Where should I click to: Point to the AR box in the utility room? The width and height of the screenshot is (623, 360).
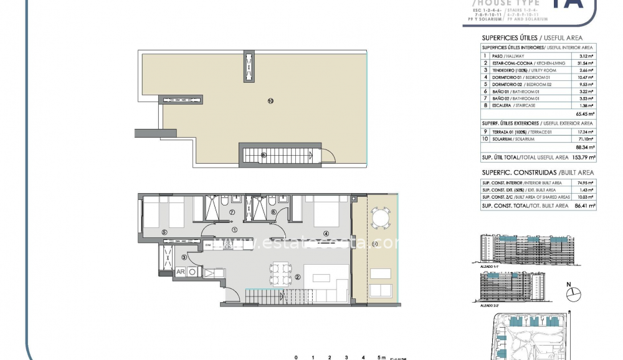[x=179, y=272]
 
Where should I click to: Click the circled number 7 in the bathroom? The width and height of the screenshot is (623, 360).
[x=232, y=212]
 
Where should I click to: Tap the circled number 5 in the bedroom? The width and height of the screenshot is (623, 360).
[x=164, y=232]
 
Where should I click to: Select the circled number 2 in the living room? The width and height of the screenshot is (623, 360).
[x=298, y=278]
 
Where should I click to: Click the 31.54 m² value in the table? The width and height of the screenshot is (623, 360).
[x=586, y=63]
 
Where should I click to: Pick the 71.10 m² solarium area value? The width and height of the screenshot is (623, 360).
[x=586, y=140]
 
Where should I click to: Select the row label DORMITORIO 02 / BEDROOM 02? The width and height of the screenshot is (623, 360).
[x=520, y=84]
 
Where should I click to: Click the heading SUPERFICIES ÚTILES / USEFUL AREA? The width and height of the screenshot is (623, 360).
[x=532, y=38]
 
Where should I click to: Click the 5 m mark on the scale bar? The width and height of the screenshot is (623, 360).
[x=381, y=358]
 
